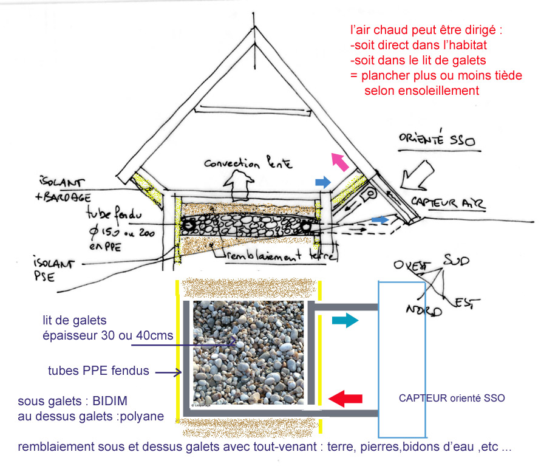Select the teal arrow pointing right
345,320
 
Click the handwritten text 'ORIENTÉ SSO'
437,140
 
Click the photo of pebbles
248,352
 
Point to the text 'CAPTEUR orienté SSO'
452,399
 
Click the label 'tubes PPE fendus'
98,371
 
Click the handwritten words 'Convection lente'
248,163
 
